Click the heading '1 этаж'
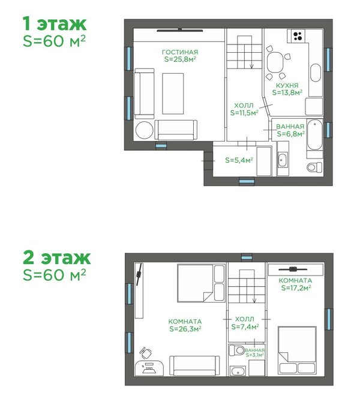55,23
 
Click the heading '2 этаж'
57,258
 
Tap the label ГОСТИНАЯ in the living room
180,52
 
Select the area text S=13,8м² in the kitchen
287,92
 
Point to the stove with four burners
298,36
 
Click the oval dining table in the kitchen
275,62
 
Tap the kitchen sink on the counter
316,73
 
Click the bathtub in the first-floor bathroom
314,135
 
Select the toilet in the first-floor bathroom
314,167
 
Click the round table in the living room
144,130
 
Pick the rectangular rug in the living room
173,94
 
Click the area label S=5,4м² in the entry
239,160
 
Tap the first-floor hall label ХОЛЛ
244,105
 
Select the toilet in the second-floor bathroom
237,350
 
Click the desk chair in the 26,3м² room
145,353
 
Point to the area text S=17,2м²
296,288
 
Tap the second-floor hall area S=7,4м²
245,327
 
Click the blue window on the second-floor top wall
247,258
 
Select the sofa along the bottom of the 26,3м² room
194,366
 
